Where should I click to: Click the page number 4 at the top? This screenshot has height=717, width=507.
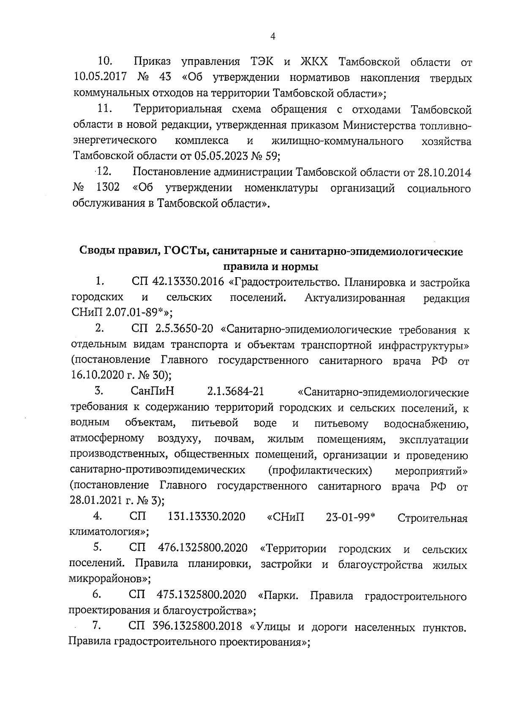pyautogui.click(x=273, y=37)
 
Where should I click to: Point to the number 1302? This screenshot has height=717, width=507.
pyautogui.click(x=108, y=188)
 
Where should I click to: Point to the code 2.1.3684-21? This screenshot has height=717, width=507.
pyautogui.click(x=236, y=391)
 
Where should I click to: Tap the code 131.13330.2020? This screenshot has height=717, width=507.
pyautogui.click(x=207, y=517)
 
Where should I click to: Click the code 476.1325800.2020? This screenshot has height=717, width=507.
pyautogui.click(x=202, y=548)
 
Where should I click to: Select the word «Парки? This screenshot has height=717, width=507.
pyautogui.click(x=278, y=596)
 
